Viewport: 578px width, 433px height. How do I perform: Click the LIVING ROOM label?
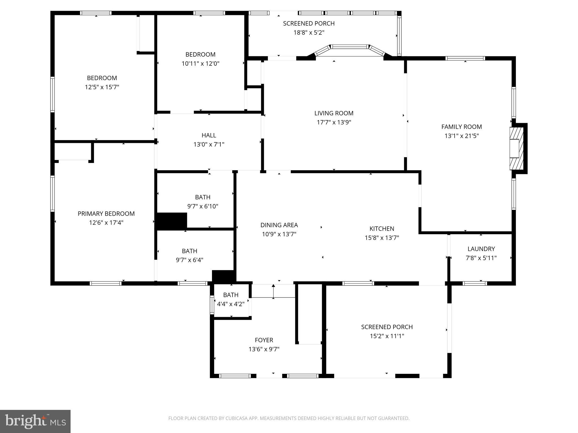pos(334,113)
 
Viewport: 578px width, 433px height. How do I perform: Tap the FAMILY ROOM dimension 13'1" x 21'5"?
pos(461,136)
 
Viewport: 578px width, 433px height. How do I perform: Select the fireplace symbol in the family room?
pos(516,148)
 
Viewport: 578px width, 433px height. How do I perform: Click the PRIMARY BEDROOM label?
pos(106,214)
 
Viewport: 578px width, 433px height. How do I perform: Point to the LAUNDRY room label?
pos(481,249)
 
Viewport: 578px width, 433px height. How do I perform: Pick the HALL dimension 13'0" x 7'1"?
pos(209,145)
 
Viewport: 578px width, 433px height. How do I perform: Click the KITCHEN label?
pos(382,229)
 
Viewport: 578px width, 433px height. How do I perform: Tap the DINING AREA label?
pos(279,225)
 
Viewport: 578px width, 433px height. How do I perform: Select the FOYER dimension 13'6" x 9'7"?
pos(264,349)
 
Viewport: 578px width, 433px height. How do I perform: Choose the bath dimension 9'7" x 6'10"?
pos(203,206)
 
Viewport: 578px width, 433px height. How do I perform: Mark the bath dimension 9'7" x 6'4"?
pos(189,260)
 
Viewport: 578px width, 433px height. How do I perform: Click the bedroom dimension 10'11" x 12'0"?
pos(200,64)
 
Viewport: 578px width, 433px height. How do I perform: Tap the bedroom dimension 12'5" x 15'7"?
pos(102,87)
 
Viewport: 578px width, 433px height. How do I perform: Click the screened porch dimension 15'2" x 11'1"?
pos(387,336)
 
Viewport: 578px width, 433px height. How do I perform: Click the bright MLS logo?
pos(35,421)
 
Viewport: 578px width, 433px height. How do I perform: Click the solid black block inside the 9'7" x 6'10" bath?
pos(172,221)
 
